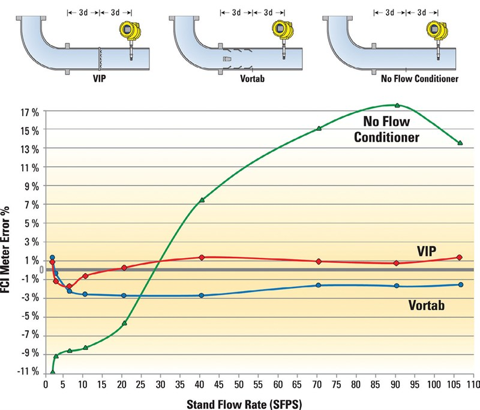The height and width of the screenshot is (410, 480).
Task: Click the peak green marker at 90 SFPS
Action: click(x=397, y=105)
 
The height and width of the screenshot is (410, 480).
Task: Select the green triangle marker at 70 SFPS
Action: click(x=319, y=128)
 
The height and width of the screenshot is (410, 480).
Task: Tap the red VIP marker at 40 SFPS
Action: click(x=202, y=258)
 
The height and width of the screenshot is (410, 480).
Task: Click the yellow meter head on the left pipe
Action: click(x=127, y=29)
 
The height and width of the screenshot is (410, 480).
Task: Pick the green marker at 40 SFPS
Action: click(x=202, y=200)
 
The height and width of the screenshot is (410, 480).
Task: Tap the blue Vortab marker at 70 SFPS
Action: click(x=319, y=285)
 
